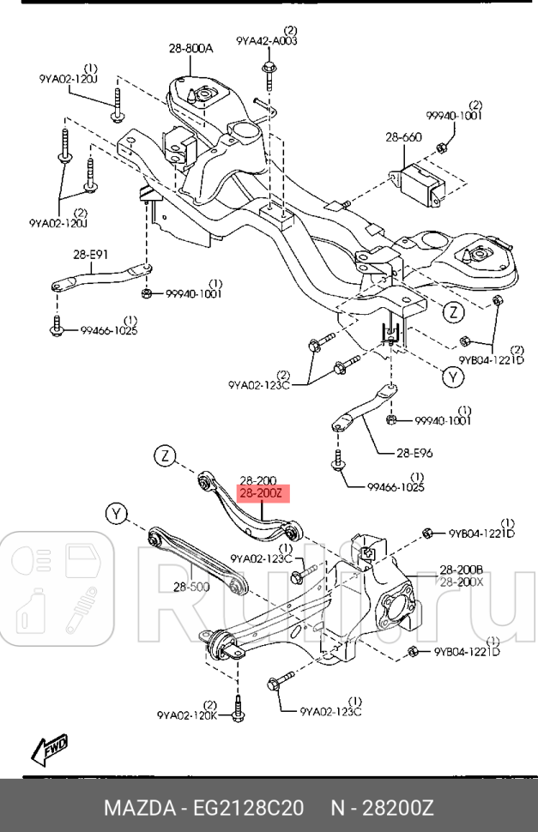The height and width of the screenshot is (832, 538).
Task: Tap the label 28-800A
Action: [190, 49]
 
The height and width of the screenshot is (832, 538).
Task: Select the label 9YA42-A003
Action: [267, 40]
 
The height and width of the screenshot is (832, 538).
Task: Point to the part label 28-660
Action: [402, 136]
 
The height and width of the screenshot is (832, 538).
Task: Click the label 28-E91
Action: [91, 254]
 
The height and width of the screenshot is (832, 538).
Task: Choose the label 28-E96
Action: [415, 454]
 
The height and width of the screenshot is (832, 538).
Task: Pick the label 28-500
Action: [191, 588]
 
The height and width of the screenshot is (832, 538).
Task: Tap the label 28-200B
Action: [462, 570]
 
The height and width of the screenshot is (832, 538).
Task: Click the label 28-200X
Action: [462, 582]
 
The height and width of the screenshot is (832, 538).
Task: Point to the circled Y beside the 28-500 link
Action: [117, 514]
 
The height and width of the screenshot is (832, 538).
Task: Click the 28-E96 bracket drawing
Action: [366, 410]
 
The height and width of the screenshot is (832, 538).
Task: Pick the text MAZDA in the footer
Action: [137, 808]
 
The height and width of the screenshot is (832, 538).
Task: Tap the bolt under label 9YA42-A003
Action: [269, 72]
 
